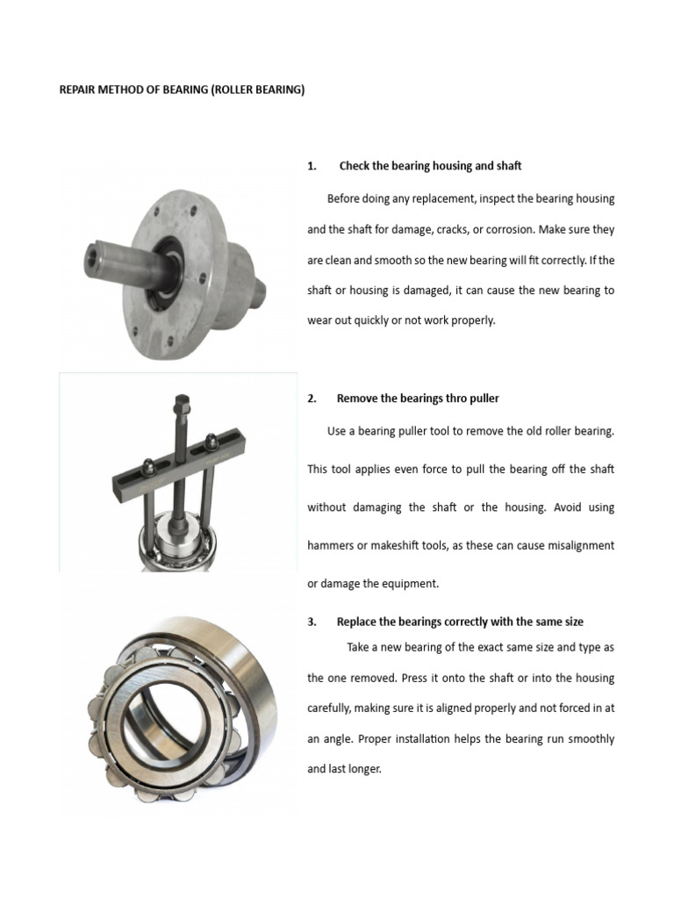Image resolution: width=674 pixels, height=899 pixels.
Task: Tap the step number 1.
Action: coord(312,166)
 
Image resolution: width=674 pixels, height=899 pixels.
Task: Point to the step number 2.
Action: coord(312,399)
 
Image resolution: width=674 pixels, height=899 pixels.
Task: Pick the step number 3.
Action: coord(312,622)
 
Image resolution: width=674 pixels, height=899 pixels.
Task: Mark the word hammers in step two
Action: coord(331,546)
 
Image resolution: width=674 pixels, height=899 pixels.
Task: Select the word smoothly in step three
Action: coord(590,739)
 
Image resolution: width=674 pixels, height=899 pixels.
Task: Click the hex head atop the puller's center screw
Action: coord(179,405)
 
